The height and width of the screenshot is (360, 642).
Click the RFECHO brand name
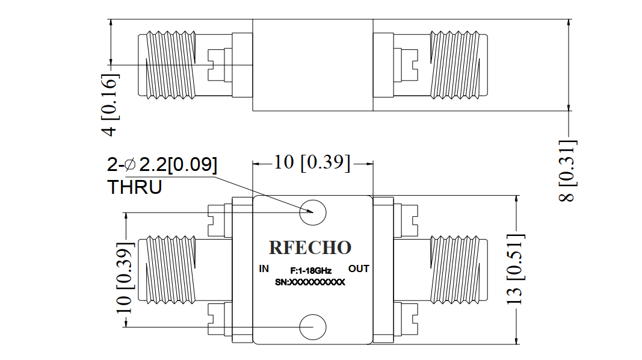[310, 248]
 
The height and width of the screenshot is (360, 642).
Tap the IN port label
[264, 268]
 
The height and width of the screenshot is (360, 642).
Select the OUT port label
[359, 268]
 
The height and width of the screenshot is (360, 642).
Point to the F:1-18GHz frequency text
[310, 271]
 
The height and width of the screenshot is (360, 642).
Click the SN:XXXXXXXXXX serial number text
[310, 282]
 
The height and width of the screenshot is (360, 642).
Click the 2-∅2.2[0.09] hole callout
[162, 164]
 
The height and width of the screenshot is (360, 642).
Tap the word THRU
[135, 187]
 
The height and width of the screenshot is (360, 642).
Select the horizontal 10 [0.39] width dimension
[312, 163]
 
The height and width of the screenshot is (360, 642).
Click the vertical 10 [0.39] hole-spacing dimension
[125, 278]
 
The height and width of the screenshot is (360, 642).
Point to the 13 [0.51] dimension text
[515, 269]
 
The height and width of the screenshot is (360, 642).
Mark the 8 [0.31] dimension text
[567, 171]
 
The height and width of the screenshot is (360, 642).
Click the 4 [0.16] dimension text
[110, 105]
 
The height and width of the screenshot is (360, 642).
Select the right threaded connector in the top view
[458, 64]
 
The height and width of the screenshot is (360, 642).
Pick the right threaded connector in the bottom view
[458, 270]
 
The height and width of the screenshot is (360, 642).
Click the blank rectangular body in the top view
[313, 64]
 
